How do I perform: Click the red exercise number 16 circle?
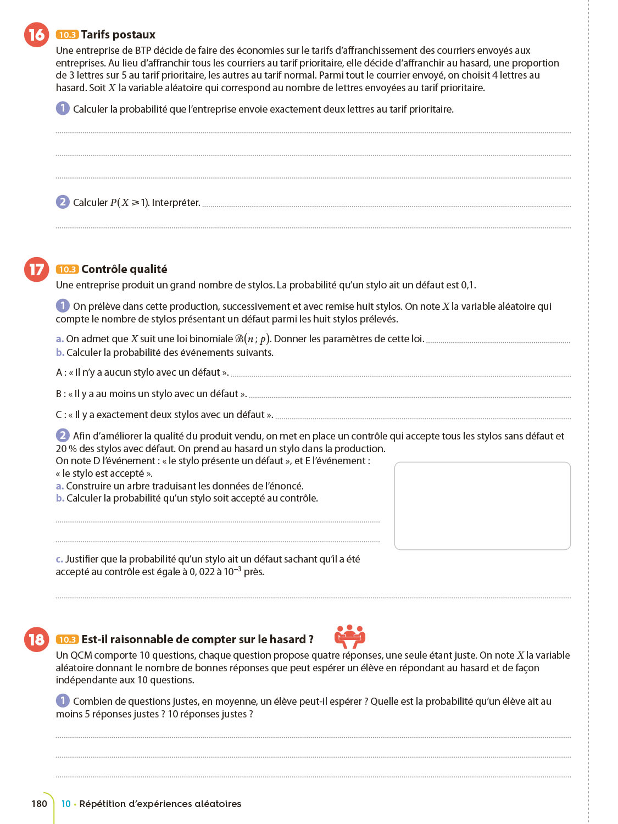36,35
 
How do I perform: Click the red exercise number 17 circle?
36,269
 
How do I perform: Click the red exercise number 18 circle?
36,639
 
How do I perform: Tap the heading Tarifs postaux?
118,35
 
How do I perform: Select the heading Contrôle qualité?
124,269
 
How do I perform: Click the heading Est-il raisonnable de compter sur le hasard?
197,639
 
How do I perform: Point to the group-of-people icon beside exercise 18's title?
350,637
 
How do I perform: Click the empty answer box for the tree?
482,505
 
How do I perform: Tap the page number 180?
40,804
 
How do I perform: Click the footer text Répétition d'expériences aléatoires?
160,804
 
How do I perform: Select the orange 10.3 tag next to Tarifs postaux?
67,35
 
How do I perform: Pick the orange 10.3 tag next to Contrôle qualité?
67,269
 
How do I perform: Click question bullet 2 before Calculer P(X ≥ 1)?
63,202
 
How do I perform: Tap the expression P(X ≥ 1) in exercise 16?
129,203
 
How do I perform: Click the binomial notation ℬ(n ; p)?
253,339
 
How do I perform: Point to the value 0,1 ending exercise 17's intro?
468,285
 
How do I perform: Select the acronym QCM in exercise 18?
81,655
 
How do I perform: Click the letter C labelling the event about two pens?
59,415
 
